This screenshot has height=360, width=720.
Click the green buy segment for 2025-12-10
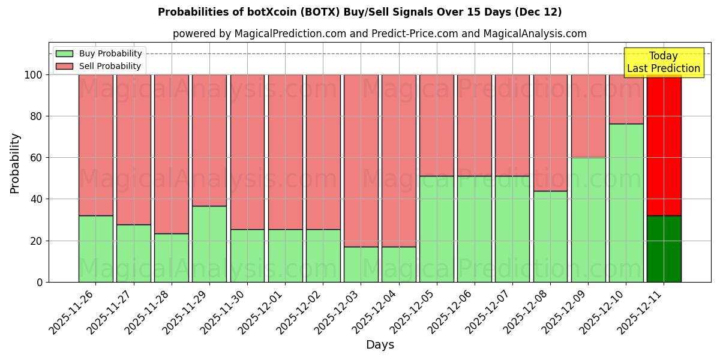pos(626,203)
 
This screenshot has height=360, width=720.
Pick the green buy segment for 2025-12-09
pos(588,220)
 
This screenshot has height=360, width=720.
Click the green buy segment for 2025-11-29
pos(209,244)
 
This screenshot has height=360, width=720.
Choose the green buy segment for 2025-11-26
pos(95,248)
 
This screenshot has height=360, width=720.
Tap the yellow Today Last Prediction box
pos(663,62)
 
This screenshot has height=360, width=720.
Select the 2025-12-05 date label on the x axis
pos(414,318)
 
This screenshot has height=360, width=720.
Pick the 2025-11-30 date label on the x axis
pos(224,318)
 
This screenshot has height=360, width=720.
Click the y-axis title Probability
pos(15,163)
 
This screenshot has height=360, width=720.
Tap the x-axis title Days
pos(380,345)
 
